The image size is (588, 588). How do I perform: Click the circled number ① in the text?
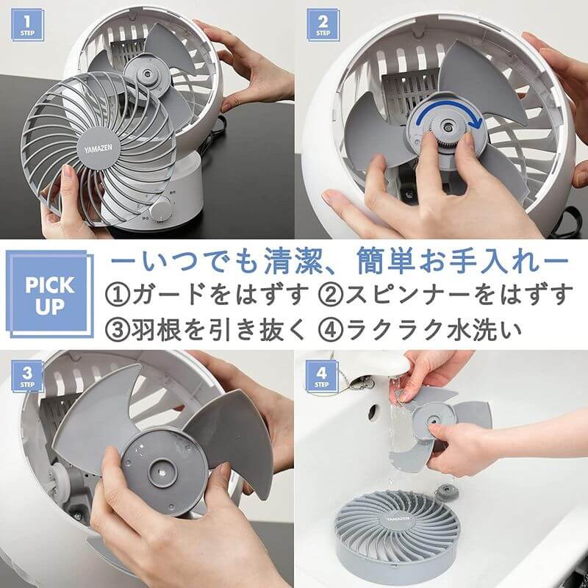click(119, 295)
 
